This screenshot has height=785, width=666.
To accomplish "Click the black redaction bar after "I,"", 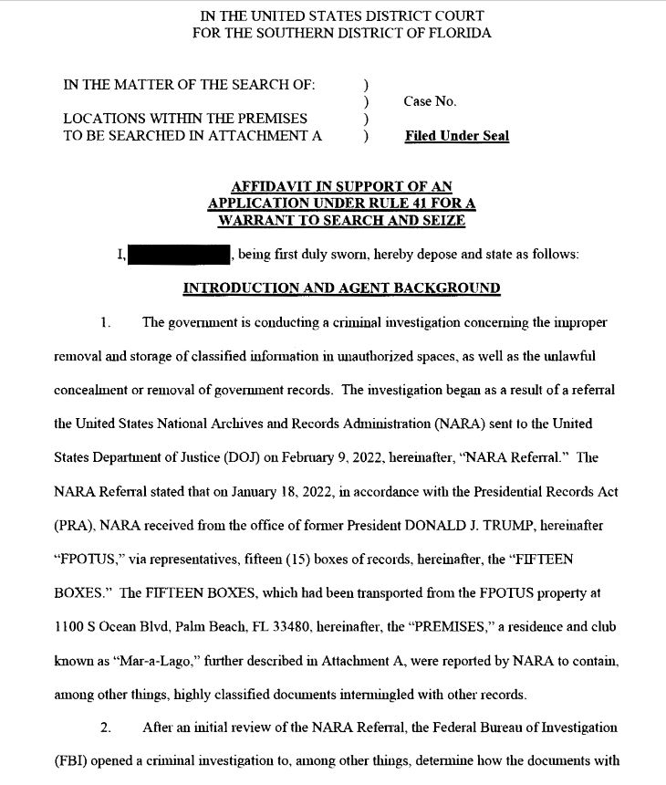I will coord(178,255).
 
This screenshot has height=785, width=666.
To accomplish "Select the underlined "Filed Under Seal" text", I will coord(457,136).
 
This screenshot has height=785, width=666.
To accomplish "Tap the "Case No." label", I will coord(430,101).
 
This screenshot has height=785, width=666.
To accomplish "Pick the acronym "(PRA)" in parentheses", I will coord(72,526).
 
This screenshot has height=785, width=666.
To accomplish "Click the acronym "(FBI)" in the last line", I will coord(70,761).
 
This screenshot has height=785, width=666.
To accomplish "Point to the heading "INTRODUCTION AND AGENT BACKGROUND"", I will coord(341,288).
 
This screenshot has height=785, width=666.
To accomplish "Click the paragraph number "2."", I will coord(106,727).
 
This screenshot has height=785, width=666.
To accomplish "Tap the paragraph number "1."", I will coord(106,322).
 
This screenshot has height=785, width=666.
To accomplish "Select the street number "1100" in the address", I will coord(70,627).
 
